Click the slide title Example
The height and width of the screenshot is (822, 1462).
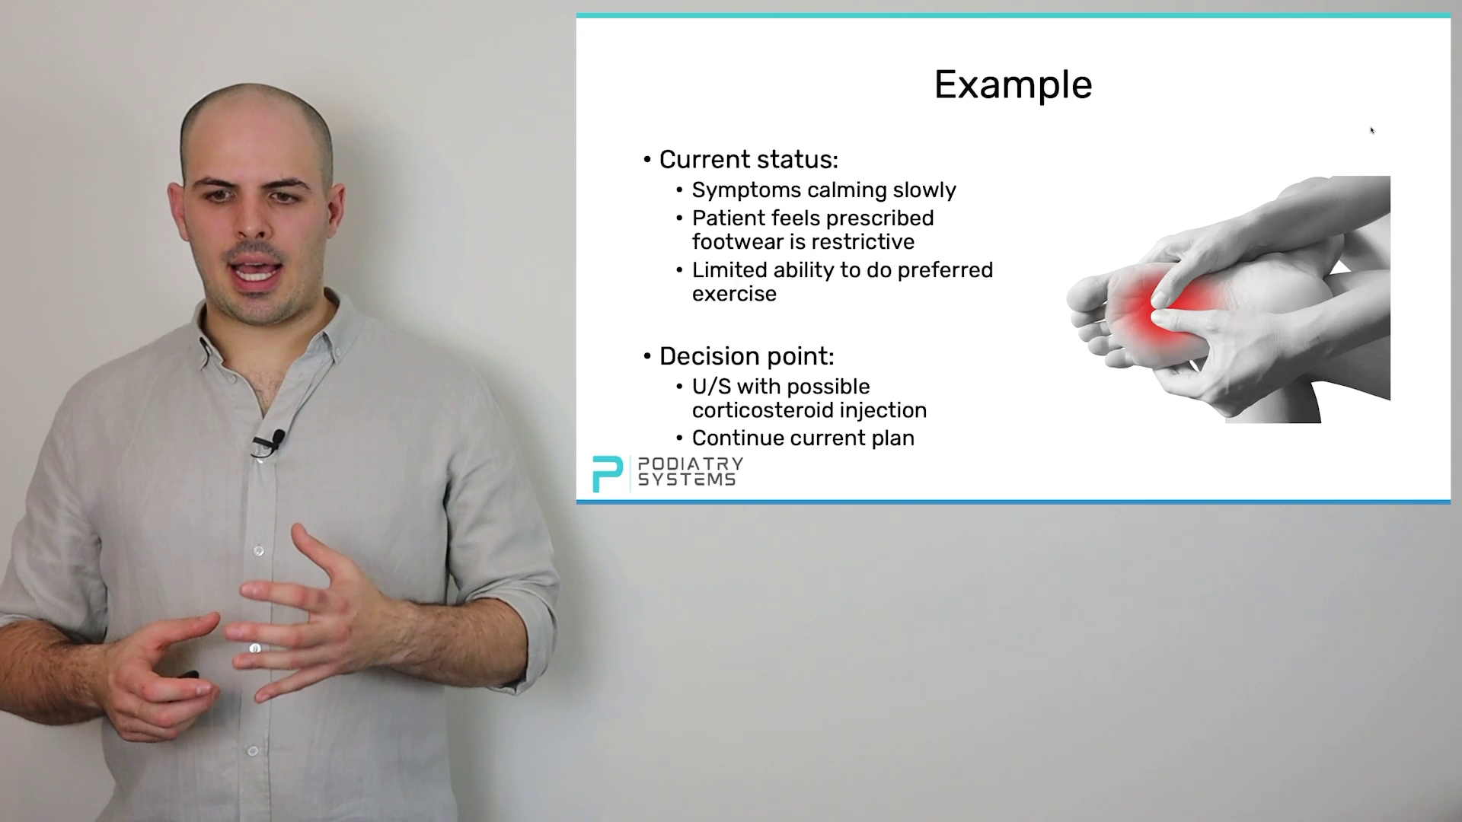1013,85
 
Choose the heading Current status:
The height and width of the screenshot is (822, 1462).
749,159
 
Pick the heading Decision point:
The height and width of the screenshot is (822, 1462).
746,356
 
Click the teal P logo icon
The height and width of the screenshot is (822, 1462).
607,473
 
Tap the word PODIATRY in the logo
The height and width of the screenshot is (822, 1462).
690,464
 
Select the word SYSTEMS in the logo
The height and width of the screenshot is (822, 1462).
686,479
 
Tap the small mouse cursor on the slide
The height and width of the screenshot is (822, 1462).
1372,131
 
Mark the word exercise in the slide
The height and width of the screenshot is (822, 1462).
734,294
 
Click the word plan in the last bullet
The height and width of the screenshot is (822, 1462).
893,438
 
